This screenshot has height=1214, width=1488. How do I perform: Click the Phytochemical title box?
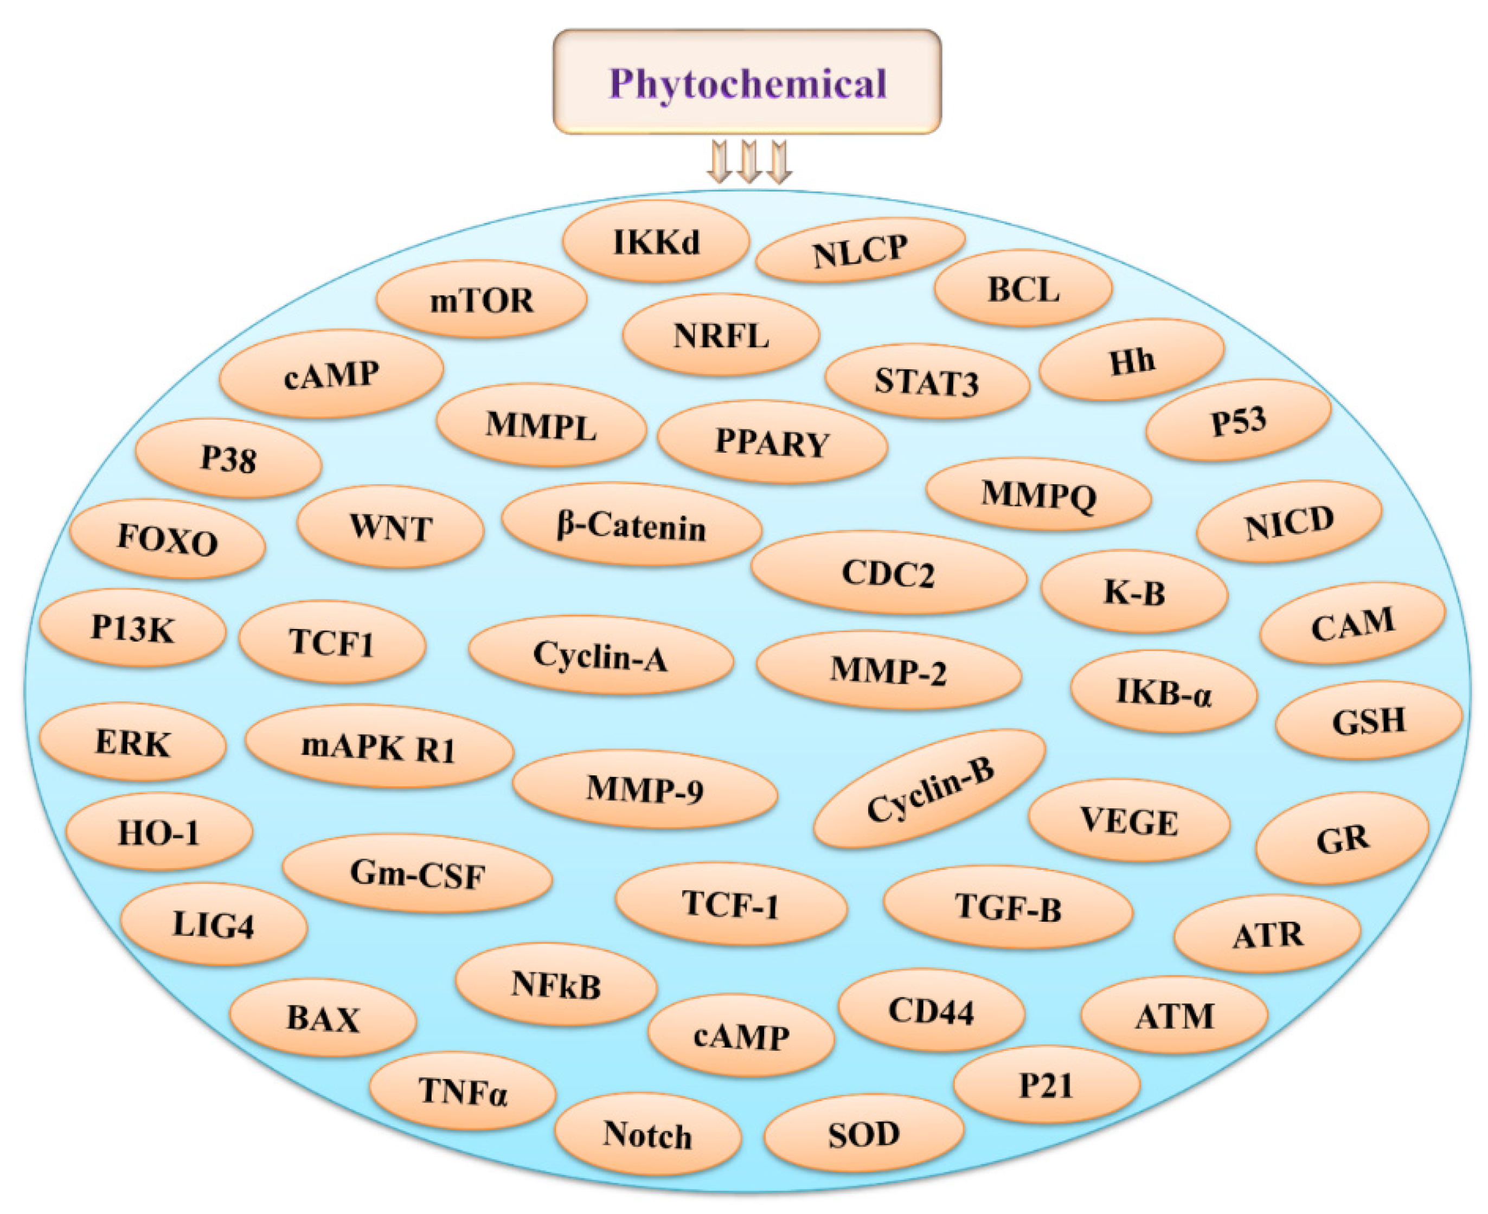coord(747,82)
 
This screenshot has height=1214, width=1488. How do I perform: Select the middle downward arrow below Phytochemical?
coord(749,162)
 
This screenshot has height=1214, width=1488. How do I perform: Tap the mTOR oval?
coord(481,300)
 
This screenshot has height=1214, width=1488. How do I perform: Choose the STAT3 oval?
coord(927,382)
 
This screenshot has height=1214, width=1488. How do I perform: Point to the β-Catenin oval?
coord(631,526)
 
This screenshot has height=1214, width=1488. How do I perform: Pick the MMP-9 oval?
coord(645,789)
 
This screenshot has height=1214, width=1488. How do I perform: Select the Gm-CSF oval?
coord(418,874)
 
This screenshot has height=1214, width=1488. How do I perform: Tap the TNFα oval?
coord(463,1091)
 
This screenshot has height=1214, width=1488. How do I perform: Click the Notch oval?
coord(647,1134)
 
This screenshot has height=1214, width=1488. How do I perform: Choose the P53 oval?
coord(1239,421)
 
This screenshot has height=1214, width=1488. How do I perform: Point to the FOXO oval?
coord(168,539)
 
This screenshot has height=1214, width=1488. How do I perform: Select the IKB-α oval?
coord(1164,692)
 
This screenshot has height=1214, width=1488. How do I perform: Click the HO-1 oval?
coord(159,832)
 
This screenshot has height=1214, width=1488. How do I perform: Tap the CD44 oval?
coord(932,1011)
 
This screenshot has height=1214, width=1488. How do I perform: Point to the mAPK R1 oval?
coord(379,747)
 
